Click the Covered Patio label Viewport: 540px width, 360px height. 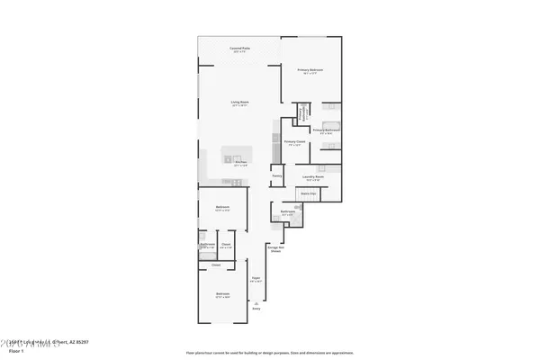(239, 49)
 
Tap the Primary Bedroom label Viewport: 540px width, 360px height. (310, 69)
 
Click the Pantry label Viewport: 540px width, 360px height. (277, 175)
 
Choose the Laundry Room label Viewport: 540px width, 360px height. (313, 177)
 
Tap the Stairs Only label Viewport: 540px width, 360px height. (308, 193)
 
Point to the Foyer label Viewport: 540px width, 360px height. (256, 279)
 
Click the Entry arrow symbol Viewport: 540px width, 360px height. (256, 303)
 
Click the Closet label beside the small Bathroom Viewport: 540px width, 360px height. (227, 245)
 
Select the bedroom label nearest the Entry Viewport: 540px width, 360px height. (221, 294)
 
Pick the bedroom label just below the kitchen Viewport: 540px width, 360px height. (221, 208)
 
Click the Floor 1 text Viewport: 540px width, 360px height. (15, 352)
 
